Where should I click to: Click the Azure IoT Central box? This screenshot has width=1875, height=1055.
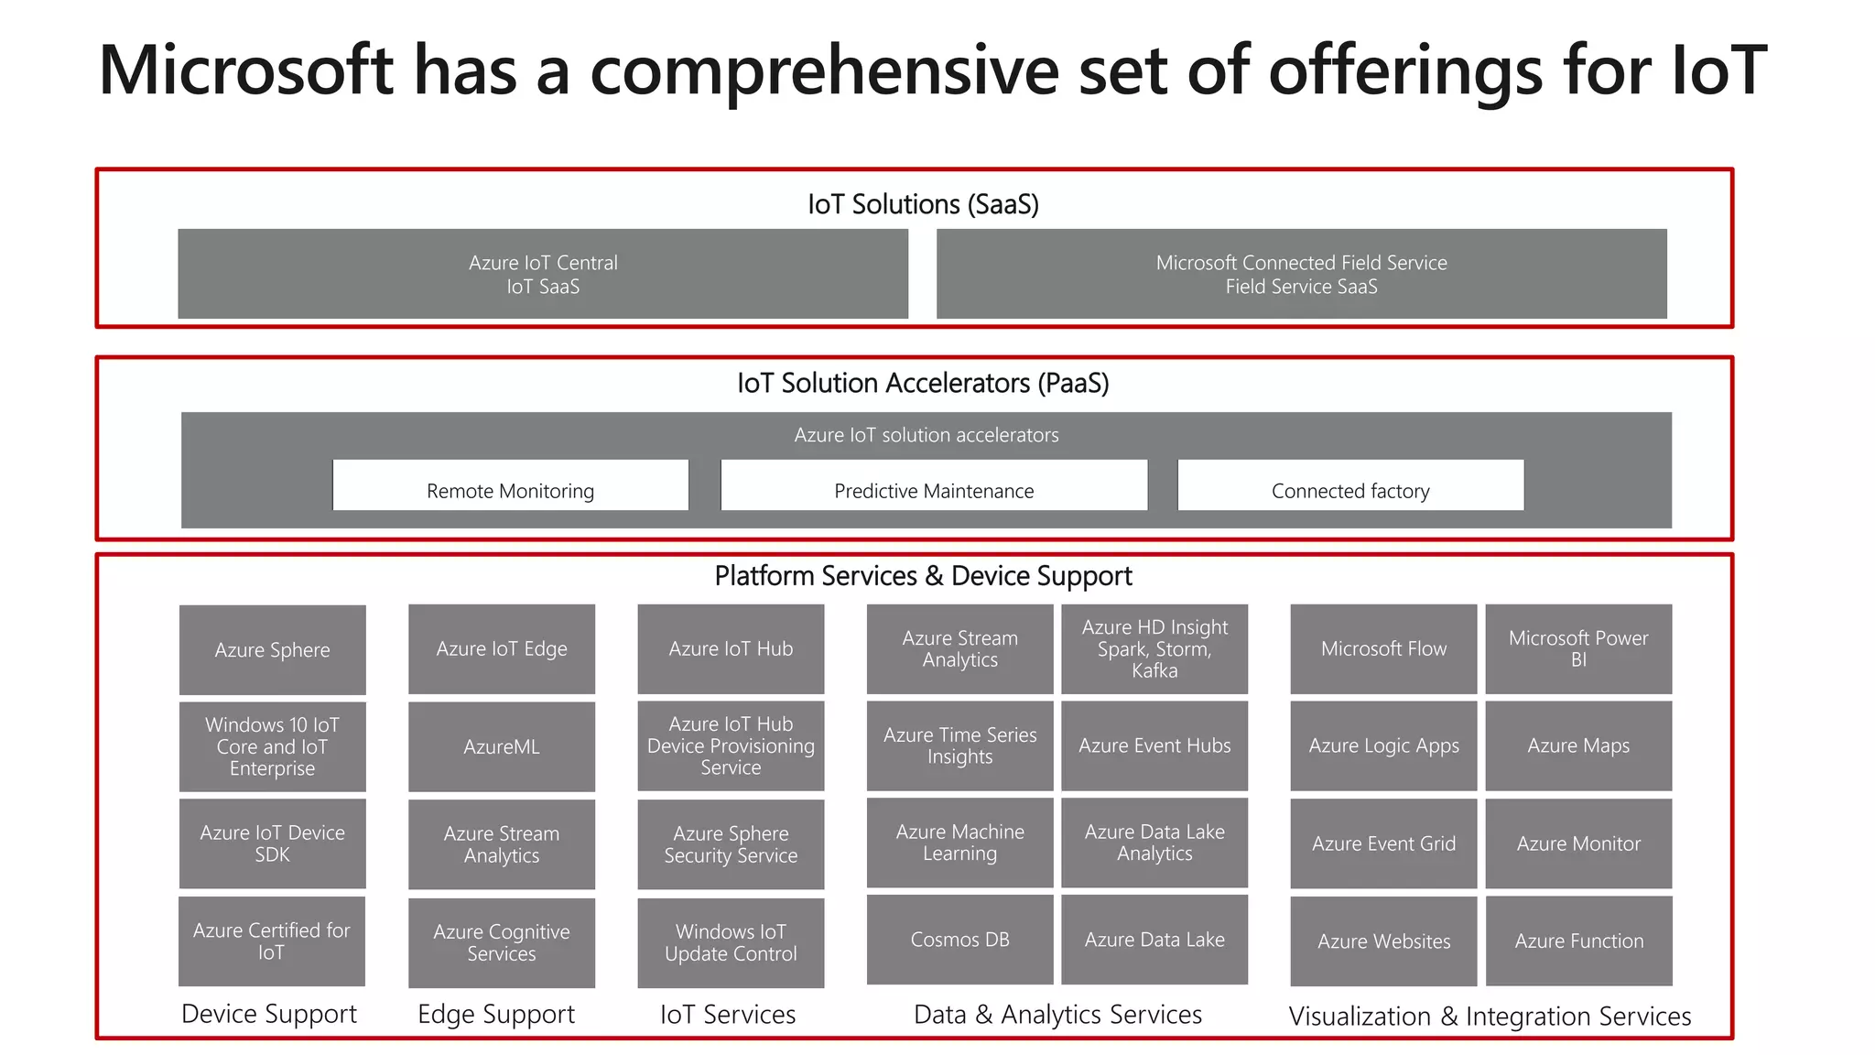[543, 274]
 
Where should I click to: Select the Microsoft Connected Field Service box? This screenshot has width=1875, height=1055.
[1301, 274]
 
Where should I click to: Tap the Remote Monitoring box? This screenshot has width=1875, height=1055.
[510, 485]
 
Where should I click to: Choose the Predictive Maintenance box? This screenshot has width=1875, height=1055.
[934, 485]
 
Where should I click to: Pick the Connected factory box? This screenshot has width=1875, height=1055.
[1350, 485]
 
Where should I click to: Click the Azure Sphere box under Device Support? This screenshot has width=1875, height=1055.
[272, 649]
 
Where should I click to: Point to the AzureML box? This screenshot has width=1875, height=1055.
[501, 746]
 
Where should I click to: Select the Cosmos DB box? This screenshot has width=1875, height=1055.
[959, 940]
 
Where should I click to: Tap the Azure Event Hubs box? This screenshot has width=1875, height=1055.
[1154, 745]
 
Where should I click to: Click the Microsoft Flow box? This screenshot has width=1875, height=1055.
[1383, 648]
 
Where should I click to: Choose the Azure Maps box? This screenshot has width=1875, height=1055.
[1578, 745]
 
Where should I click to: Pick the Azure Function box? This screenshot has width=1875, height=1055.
[1578, 941]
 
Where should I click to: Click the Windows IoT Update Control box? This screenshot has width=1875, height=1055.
[731, 942]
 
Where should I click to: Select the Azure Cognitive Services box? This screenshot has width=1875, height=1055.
[501, 942]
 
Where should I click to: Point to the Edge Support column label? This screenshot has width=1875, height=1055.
[496, 1014]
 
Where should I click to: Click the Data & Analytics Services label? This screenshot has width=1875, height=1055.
[1057, 1014]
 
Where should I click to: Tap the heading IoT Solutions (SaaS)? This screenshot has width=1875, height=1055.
[923, 204]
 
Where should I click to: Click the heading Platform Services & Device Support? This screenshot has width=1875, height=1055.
[923, 576]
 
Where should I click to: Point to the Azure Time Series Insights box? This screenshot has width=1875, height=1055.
[959, 745]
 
